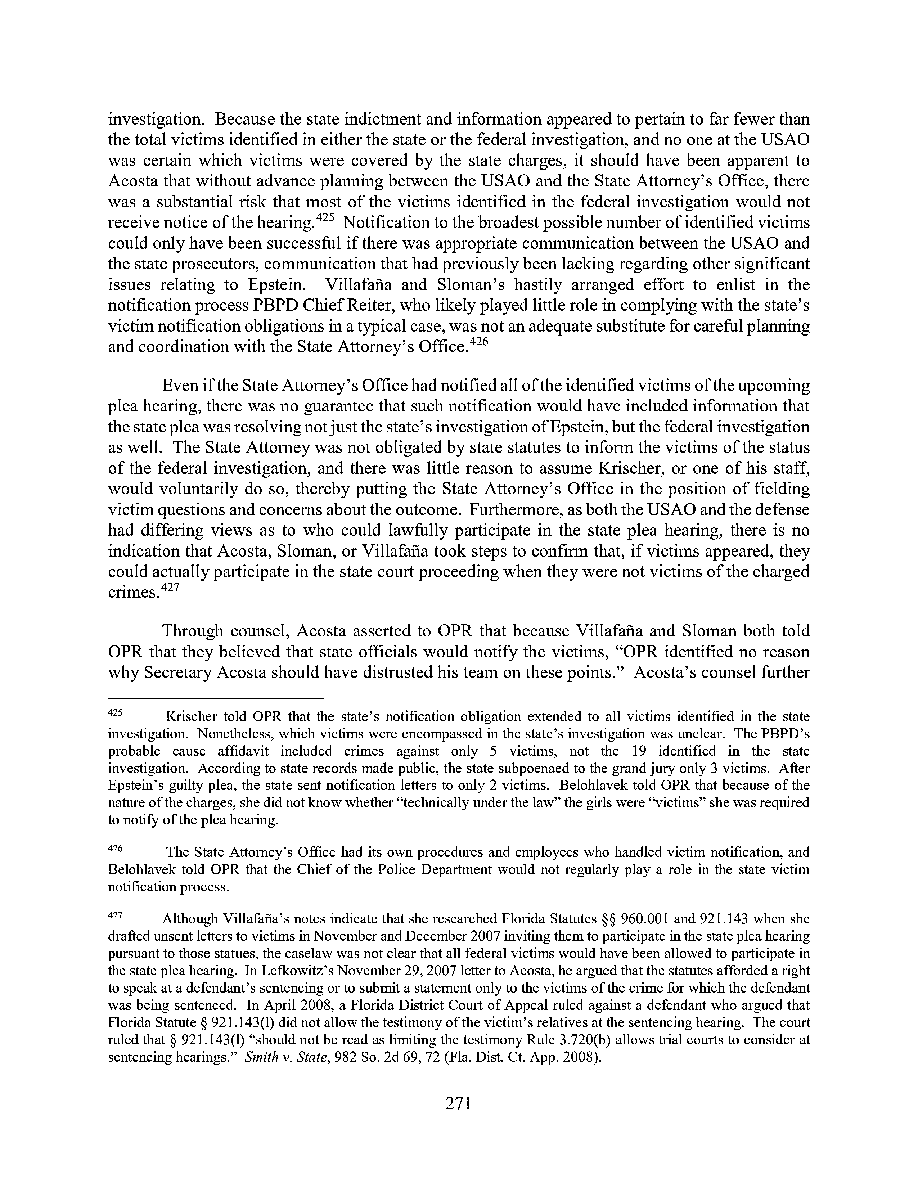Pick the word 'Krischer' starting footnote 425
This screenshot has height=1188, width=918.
click(x=189, y=716)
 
